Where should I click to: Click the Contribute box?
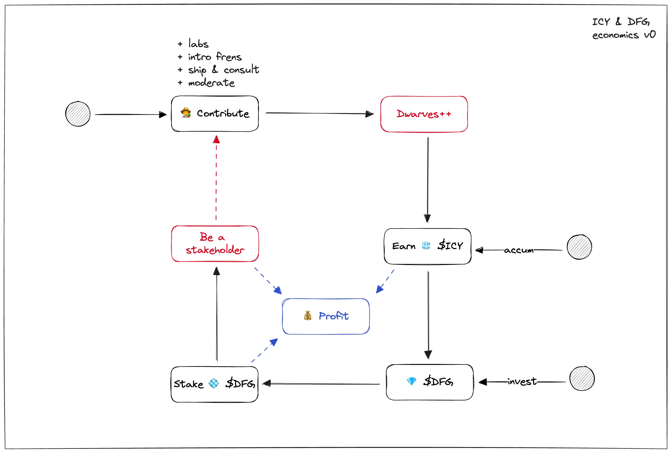click(215, 114)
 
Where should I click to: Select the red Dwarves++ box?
click(424, 114)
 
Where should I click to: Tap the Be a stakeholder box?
click(215, 244)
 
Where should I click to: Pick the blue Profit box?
click(326, 316)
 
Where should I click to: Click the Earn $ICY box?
click(428, 246)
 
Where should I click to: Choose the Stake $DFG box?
click(214, 384)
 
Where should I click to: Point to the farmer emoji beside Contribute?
click(186, 113)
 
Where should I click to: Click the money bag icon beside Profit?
click(308, 315)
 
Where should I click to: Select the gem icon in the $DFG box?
click(412, 381)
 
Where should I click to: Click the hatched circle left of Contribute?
click(78, 114)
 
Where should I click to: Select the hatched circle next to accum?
click(579, 247)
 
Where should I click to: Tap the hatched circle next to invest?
click(582, 378)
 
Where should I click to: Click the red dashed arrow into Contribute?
click(216, 178)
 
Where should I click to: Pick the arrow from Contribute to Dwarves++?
click(320, 113)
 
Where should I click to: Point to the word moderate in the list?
click(211, 83)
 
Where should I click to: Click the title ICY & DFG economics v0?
click(624, 28)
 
